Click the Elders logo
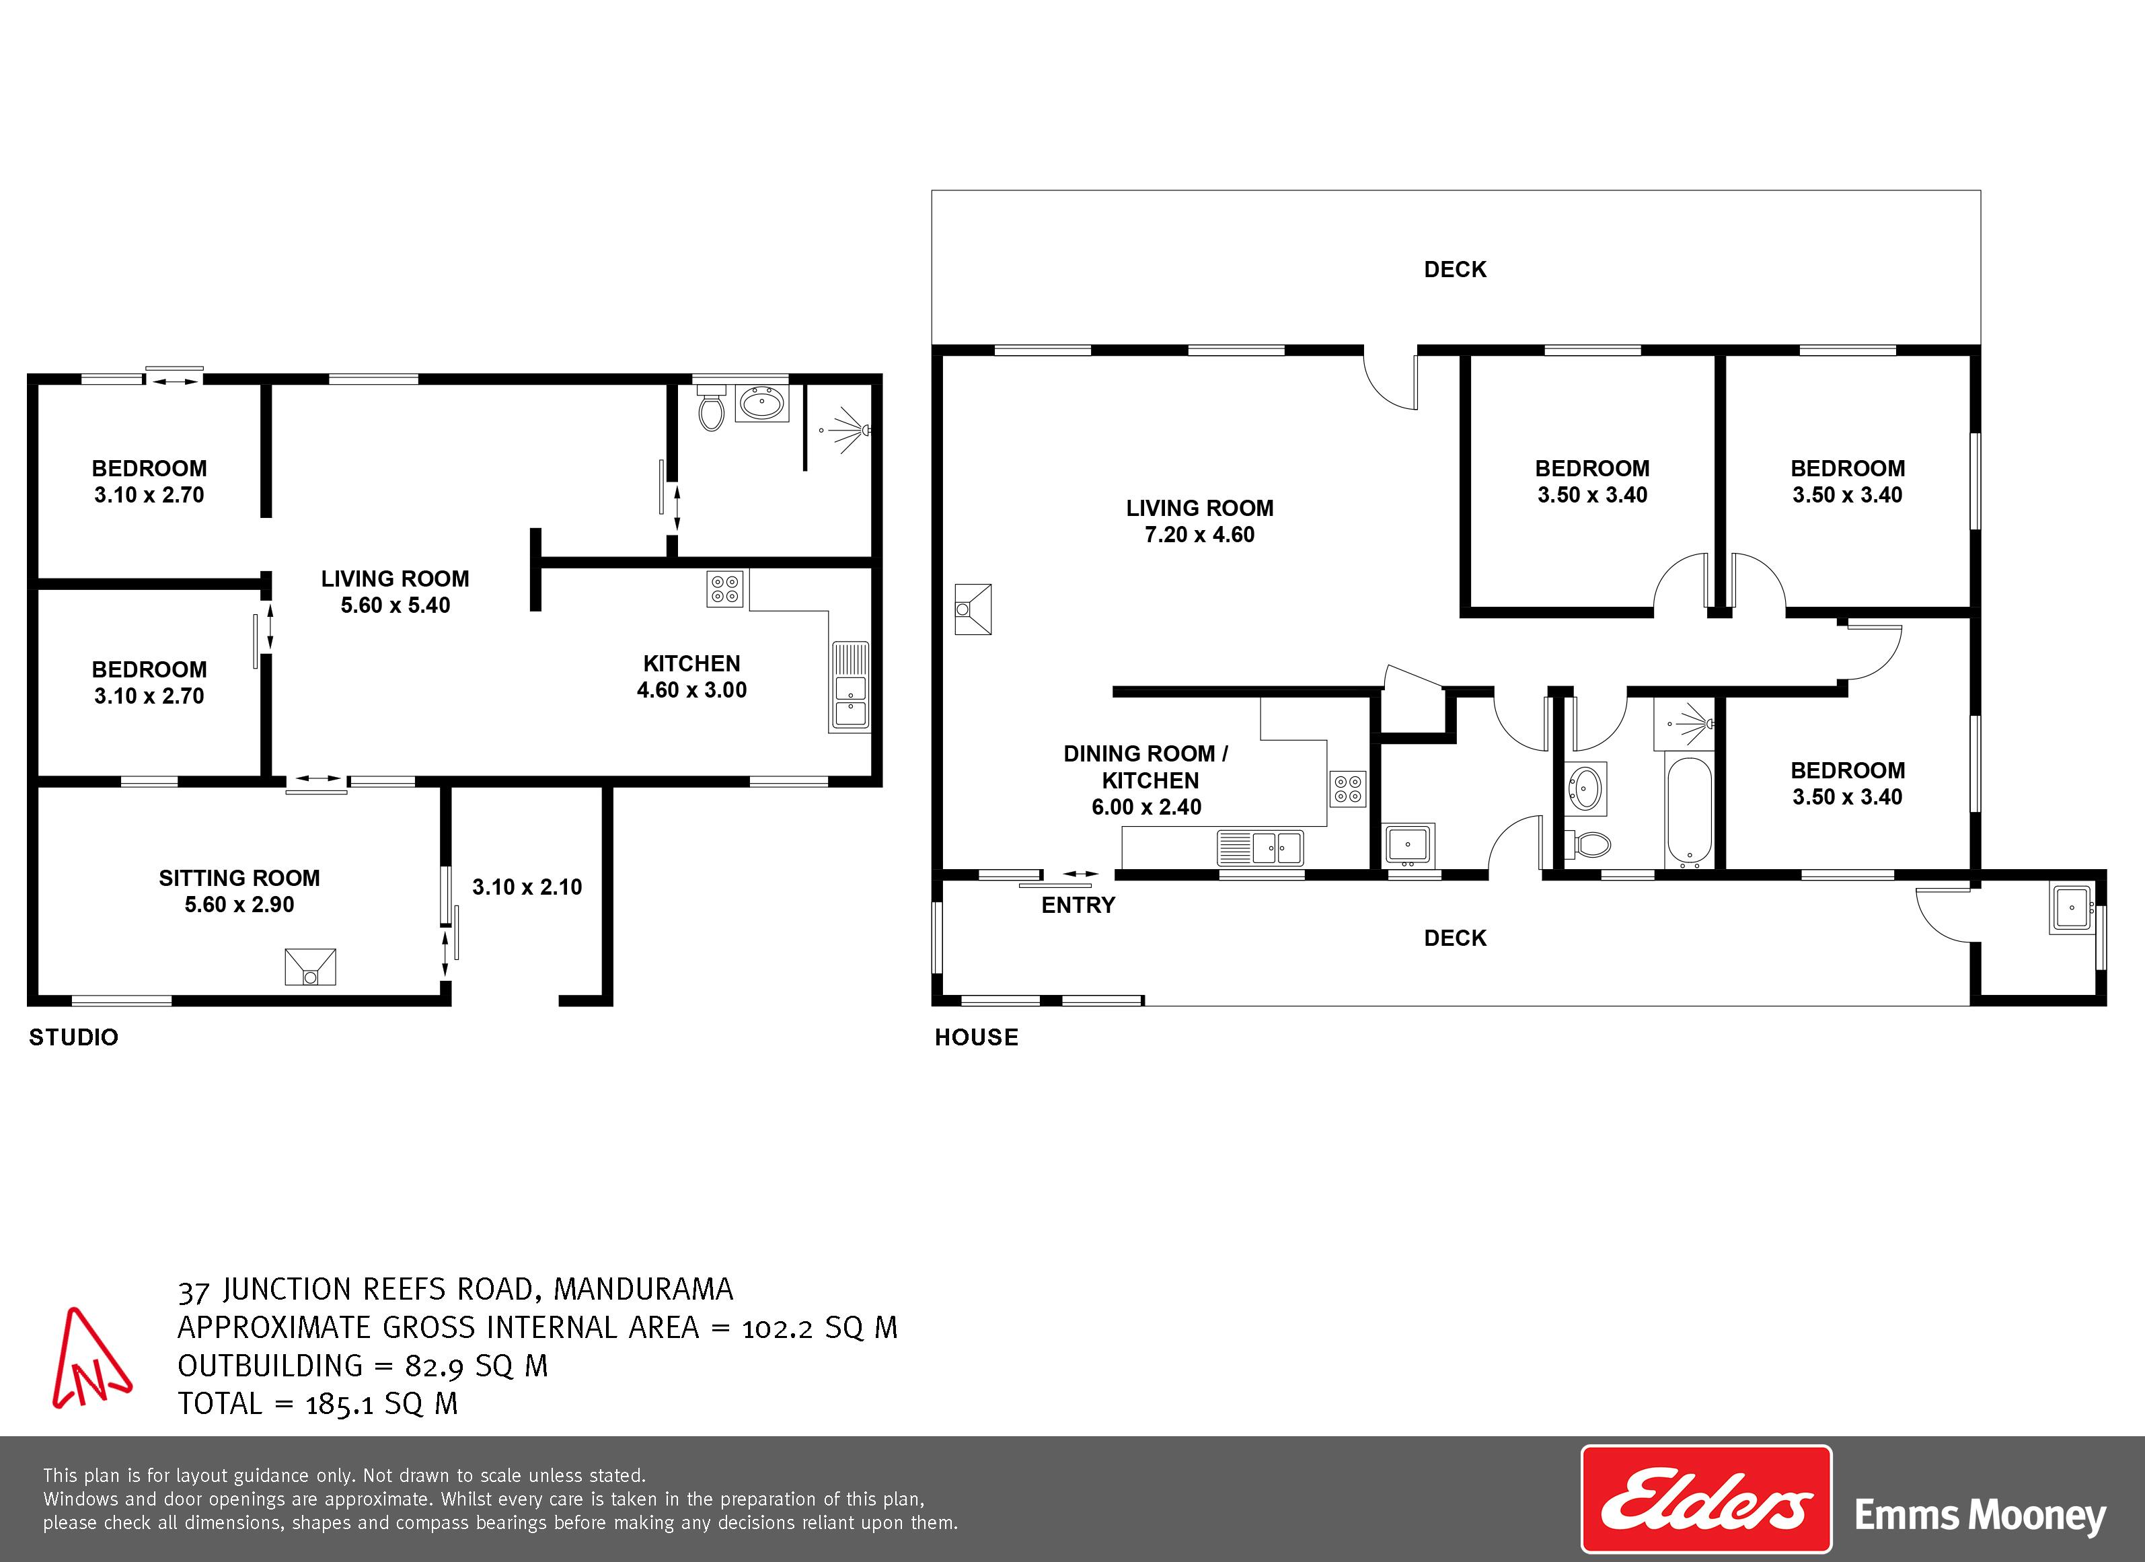pyautogui.click(x=1705, y=1499)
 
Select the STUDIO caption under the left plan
pyautogui.click(x=74, y=1037)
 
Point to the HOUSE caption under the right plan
pyautogui.click(x=976, y=1037)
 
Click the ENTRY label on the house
pyautogui.click(x=1078, y=905)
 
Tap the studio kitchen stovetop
pyautogui.click(x=724, y=589)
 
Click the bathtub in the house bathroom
pyautogui.click(x=1688, y=813)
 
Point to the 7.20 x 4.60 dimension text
pyautogui.click(x=1199, y=535)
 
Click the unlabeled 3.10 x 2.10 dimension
pyautogui.click(x=527, y=887)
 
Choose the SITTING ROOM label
pyautogui.click(x=239, y=878)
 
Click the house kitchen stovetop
pyautogui.click(x=1348, y=789)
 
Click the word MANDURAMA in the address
pyautogui.click(x=643, y=1289)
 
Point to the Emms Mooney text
pyautogui.click(x=1980, y=1516)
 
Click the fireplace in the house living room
pyautogui.click(x=973, y=608)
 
